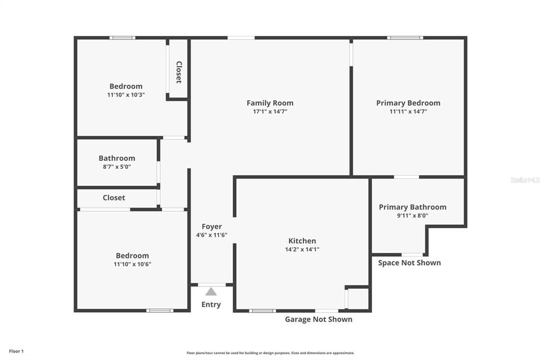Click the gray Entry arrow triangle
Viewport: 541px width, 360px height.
pos(211,292)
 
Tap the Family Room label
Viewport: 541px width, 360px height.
pos(270,103)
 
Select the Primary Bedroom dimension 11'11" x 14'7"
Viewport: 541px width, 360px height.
pos(408,111)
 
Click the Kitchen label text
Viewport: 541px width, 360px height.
pos(302,241)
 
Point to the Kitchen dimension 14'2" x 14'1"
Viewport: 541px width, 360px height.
pos(302,249)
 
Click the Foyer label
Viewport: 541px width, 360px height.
pos(212,226)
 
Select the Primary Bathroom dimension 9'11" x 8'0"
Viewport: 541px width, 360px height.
pos(413,215)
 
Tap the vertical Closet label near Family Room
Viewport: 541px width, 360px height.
pos(179,72)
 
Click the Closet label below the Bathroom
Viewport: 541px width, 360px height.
pos(114,197)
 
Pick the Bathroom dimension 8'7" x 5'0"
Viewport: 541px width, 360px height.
pos(117,167)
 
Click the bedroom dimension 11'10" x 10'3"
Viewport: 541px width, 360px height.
pos(126,95)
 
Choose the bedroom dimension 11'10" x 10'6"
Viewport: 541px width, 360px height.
pos(133,264)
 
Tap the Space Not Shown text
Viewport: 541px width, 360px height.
pos(409,263)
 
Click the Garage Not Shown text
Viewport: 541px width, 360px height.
pos(319,319)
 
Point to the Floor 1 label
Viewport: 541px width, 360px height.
pos(16,352)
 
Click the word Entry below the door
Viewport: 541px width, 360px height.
pos(211,305)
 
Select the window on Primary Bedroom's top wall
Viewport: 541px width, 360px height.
pos(405,37)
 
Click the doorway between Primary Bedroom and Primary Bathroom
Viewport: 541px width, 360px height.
pos(406,177)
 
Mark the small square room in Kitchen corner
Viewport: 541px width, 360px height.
pos(359,299)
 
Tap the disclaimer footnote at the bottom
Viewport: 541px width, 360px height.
pos(270,353)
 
